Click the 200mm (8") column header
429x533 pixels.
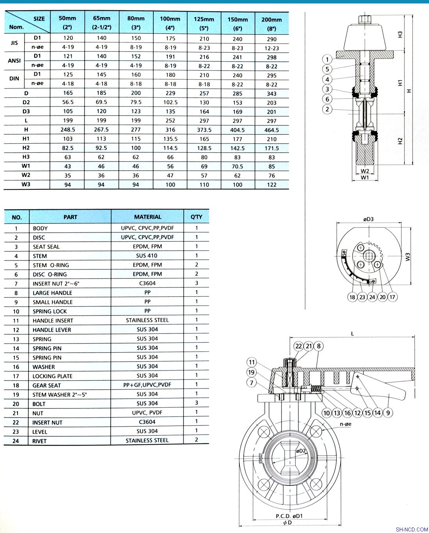[x=271, y=24]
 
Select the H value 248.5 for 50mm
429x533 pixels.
[x=67, y=130]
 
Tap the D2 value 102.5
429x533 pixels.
[x=170, y=102]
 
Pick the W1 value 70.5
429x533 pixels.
[x=237, y=166]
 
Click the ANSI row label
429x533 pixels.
[x=14, y=61]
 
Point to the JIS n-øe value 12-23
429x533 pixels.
[x=271, y=48]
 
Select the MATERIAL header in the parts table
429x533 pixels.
[x=147, y=217]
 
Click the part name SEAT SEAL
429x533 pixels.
[x=46, y=247]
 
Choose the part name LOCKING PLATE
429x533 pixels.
[x=52, y=376]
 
